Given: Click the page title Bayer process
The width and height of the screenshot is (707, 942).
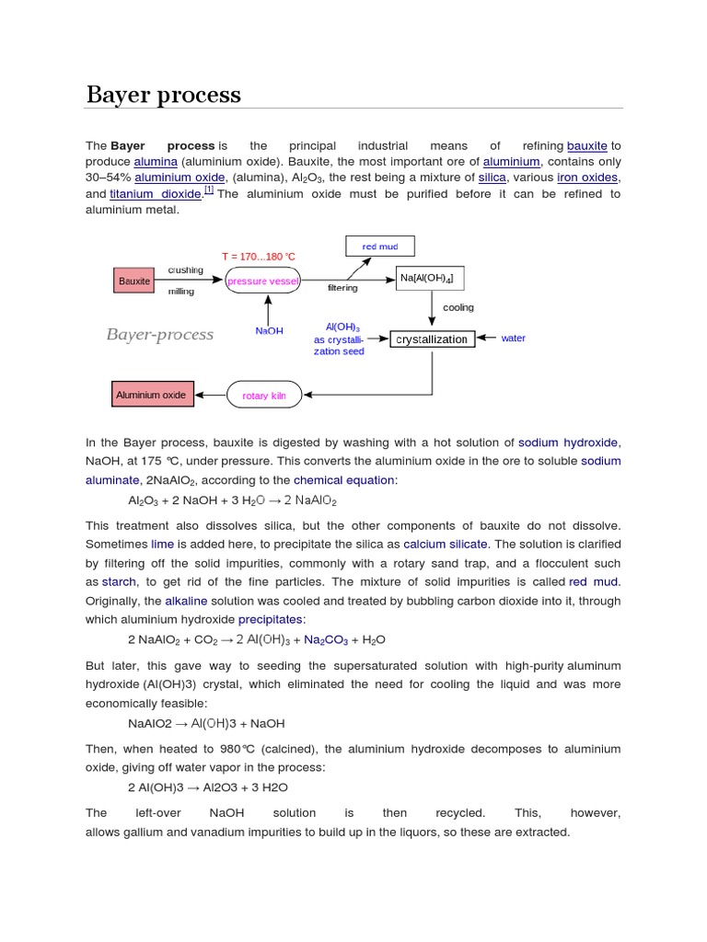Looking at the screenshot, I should (x=164, y=95).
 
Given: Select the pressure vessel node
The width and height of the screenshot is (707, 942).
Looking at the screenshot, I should (x=263, y=280).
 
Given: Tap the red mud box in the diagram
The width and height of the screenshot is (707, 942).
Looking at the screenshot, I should (x=380, y=247).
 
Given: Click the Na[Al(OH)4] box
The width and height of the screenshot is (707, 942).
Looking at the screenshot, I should (x=426, y=278).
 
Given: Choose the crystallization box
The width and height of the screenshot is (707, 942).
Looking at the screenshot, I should (x=432, y=339).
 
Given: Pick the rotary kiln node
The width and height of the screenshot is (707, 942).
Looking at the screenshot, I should (x=264, y=396).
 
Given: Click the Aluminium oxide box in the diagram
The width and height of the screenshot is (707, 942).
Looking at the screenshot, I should (x=151, y=395).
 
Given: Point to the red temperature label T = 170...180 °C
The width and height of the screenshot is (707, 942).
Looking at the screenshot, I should (x=259, y=256).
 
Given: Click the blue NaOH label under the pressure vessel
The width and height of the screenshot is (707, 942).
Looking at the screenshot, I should (x=269, y=331).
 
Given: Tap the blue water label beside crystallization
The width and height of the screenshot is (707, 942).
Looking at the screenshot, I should (x=513, y=339).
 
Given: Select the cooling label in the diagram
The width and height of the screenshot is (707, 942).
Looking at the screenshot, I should (x=458, y=307).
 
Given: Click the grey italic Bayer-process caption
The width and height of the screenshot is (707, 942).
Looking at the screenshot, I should (x=160, y=334).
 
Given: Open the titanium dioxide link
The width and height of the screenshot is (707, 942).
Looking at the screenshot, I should (x=156, y=194).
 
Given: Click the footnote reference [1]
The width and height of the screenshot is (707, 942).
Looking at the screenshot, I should (x=209, y=190).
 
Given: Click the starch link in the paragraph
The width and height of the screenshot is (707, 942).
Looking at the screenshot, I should (x=119, y=582).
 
